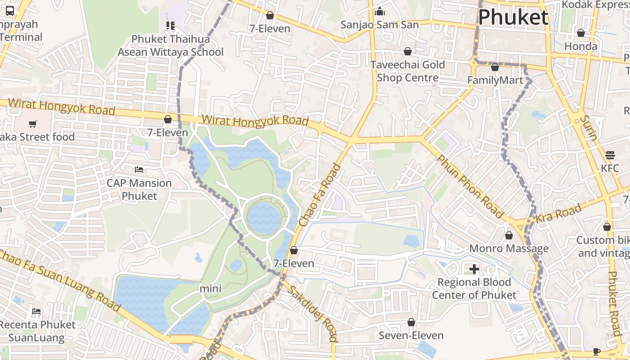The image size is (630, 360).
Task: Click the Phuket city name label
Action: coord(513,17)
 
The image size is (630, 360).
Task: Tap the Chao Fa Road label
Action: coord(320,196)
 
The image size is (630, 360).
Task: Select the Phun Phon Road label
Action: coord(469,186)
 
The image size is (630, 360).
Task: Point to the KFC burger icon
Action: coord(610,155)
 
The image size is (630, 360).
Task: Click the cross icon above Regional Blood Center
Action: coord(474,269)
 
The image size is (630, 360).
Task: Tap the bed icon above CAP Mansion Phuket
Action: coord(139,170)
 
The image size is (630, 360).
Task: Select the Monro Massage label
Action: coord(508,248)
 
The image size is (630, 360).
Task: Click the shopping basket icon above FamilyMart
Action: coord(495,67)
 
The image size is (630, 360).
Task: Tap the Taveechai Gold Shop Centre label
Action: coord(408,71)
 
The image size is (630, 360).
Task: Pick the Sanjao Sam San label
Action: coord(379,24)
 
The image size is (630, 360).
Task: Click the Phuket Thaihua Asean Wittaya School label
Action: coord(171,45)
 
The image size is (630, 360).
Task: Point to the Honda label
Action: coord(580,46)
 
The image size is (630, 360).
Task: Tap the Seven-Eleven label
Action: coord(411,335)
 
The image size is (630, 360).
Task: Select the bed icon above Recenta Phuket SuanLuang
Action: coord(36,311)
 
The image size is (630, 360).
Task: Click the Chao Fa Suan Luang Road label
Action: coord(61,280)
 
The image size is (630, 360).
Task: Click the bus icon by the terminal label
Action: coord(10,11)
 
